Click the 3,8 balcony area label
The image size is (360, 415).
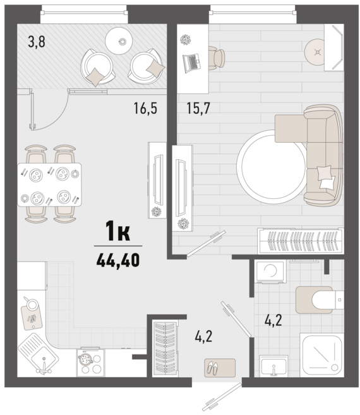tap(37, 42)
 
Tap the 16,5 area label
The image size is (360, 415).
tap(145, 108)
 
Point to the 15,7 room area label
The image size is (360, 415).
tap(198, 108)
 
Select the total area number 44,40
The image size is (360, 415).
tap(118, 260)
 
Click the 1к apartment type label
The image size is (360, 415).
tap(118, 231)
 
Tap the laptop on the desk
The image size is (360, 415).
tap(191, 63)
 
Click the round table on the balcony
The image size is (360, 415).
tap(119, 41)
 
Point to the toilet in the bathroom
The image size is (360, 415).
tap(320, 300)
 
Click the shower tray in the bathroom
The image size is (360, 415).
tap(322, 354)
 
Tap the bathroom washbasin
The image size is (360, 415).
tap(273, 366)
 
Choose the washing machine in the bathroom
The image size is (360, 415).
tap(270, 272)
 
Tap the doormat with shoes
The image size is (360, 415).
tap(220, 368)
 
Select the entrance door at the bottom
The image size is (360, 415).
tap(222, 397)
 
